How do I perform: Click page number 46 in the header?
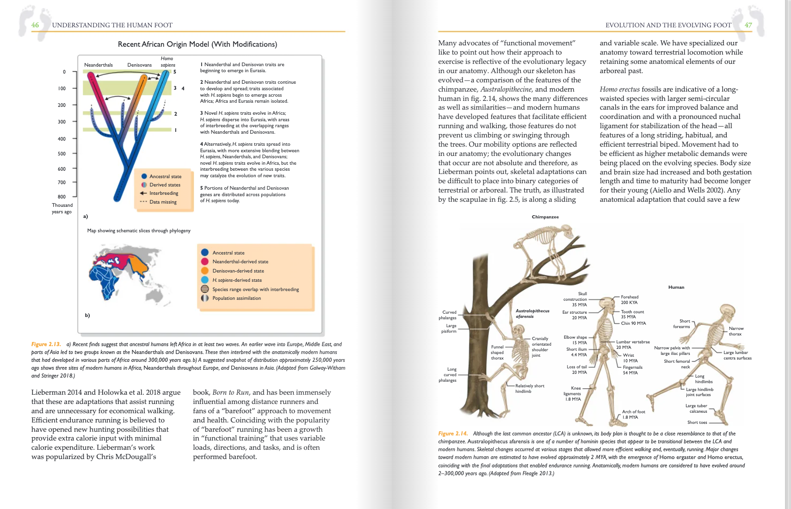coord(35,25)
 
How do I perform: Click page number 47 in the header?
coord(748,25)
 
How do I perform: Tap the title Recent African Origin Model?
coord(197,44)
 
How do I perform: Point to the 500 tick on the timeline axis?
coord(62,154)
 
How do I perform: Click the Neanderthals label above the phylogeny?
coord(98,65)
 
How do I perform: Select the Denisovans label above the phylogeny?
coord(139,65)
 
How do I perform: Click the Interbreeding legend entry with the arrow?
coord(163,193)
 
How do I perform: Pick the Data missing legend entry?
coord(162,202)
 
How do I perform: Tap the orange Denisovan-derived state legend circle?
coord(204,271)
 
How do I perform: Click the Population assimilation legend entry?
coord(236,298)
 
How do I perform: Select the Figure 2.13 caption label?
coord(46,344)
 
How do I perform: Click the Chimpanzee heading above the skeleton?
coord(545,217)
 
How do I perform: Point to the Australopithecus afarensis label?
coord(532,313)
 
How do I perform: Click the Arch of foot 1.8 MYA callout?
coord(633,414)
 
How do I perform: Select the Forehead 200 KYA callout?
coord(629,299)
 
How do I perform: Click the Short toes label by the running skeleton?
coord(697,422)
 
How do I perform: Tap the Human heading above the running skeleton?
coord(676,287)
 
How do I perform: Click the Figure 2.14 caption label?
coord(452,434)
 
